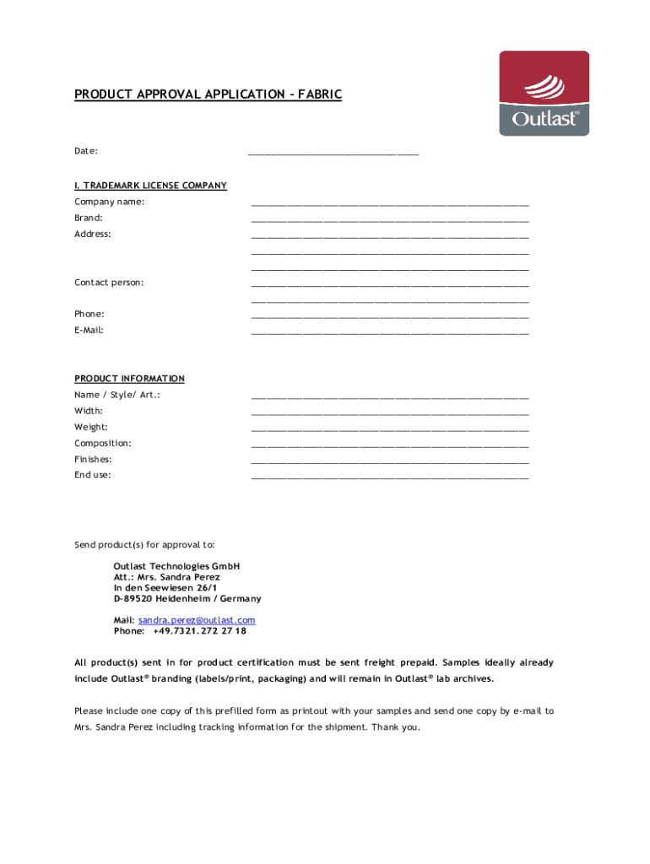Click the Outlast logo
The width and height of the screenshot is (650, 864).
(544, 94)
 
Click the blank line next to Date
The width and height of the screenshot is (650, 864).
(333, 153)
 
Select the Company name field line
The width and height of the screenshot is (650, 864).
(390, 203)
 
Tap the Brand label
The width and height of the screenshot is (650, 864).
(89, 218)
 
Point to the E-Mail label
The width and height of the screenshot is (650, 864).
(89, 330)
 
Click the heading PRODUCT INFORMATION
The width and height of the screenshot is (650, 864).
(129, 379)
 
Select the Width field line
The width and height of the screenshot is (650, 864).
(390, 413)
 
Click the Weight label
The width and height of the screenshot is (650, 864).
(90, 427)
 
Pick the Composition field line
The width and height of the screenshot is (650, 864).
(390, 445)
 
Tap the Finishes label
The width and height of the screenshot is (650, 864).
(93, 459)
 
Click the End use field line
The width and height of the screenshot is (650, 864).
(390, 477)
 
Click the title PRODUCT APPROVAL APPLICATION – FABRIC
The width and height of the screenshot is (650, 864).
(208, 94)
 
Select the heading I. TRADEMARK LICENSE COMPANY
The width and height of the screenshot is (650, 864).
(150, 186)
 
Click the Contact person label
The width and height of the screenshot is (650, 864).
(109, 282)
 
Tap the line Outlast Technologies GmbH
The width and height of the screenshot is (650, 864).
(176, 565)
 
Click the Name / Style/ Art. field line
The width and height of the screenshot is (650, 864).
(390, 397)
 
